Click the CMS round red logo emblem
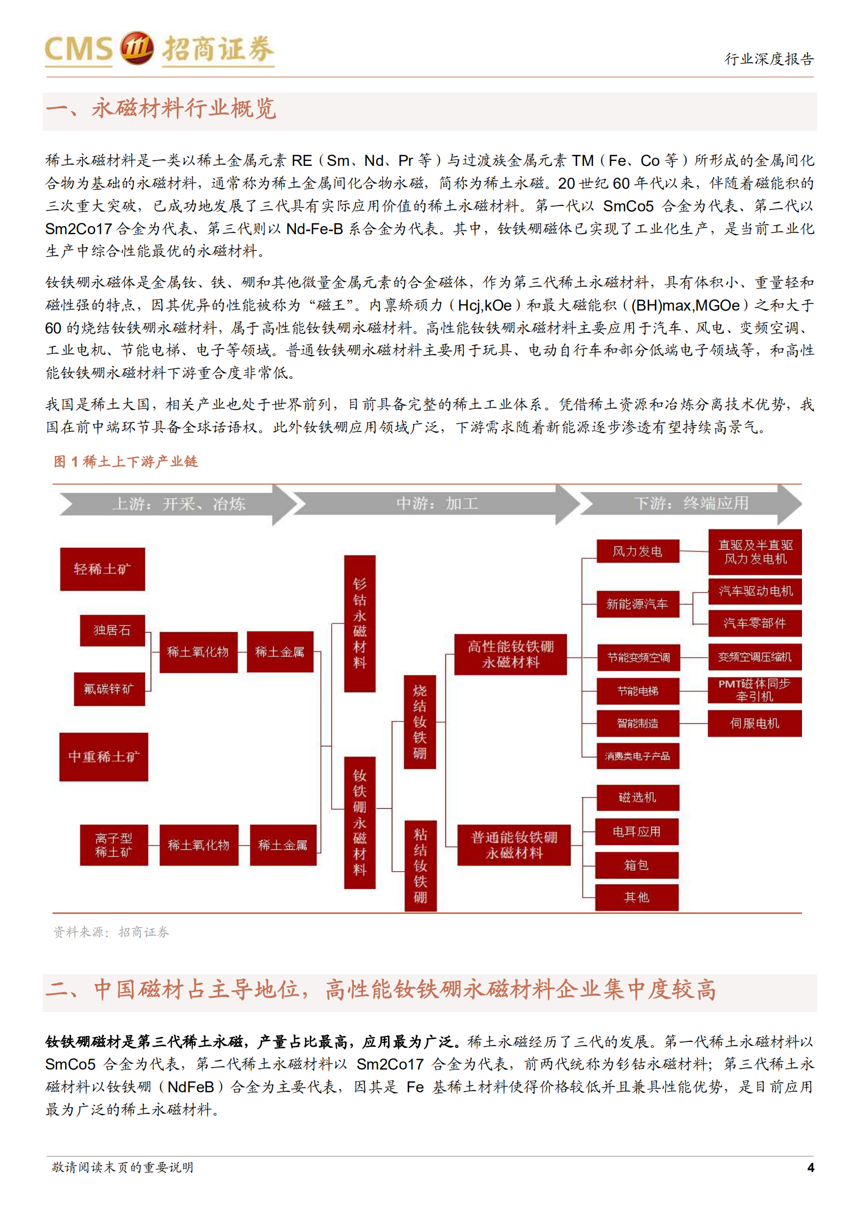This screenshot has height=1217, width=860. click(136, 48)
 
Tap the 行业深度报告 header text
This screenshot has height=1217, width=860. click(769, 59)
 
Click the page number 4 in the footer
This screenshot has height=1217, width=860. click(810, 1167)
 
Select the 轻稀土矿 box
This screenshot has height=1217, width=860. click(102, 569)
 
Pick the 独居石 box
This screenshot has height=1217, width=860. click(112, 630)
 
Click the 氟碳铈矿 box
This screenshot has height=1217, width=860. click(109, 688)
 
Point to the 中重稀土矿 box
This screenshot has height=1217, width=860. click(104, 756)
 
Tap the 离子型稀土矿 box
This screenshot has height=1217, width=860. click(114, 845)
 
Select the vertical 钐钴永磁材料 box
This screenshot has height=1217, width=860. click(360, 623)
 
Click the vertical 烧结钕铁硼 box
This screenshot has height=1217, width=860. click(419, 722)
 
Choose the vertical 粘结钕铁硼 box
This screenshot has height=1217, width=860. click(420, 865)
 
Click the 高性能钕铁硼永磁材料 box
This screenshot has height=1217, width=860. click(510, 654)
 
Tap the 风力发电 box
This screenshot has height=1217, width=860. click(638, 551)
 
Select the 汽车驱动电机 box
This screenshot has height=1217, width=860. click(755, 591)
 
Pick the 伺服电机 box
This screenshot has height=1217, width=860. click(754, 723)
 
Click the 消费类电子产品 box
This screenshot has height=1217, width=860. click(638, 756)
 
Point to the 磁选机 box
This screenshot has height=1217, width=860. click(637, 797)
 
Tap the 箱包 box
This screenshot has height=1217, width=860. click(637, 865)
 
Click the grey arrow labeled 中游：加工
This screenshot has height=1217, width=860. click(436, 504)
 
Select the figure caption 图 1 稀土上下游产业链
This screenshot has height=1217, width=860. click(126, 461)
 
